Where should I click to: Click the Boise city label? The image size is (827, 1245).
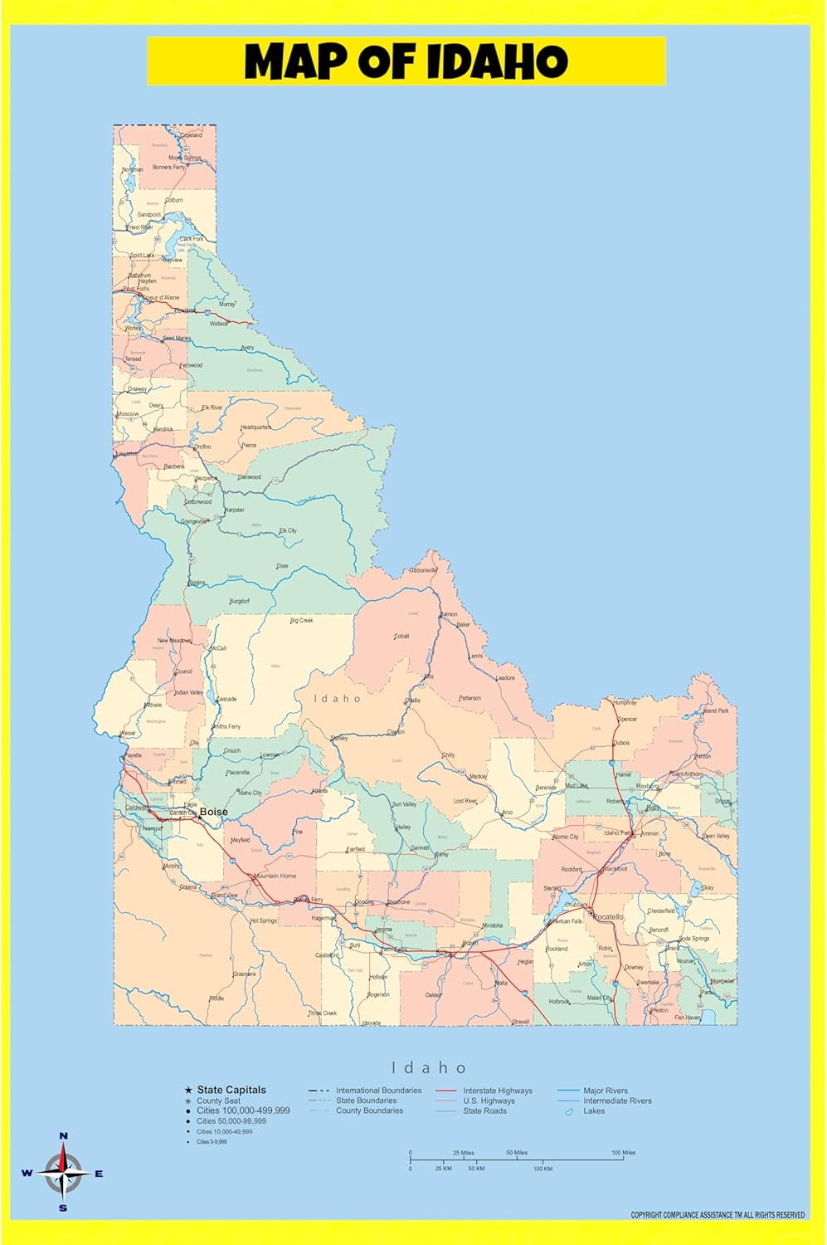coord(213,812)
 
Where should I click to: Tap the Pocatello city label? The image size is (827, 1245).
coord(608,917)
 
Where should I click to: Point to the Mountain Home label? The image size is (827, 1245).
coord(275,876)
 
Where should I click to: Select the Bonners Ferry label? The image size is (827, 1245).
coord(168,168)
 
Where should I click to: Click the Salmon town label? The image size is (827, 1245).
coord(449,614)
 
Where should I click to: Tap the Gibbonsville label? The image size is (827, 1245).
coord(423,570)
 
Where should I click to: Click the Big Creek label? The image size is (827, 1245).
coord(301,621)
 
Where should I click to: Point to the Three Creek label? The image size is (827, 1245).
coord(323,1013)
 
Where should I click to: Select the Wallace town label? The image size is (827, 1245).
coord(219,324)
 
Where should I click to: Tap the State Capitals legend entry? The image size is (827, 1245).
coord(231,1090)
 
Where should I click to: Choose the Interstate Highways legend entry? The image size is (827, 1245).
coord(498,1091)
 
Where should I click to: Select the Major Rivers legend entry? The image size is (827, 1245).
coord(606,1091)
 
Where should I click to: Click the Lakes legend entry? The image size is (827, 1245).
coord(594,1111)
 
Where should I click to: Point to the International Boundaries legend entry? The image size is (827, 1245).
coord(378,1091)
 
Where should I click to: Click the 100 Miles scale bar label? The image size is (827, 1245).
coord(623,1152)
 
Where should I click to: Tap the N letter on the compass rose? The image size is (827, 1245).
coord(64,1135)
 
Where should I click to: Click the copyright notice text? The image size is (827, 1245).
coord(718,1215)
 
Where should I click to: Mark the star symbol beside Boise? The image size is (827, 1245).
coord(199,817)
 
